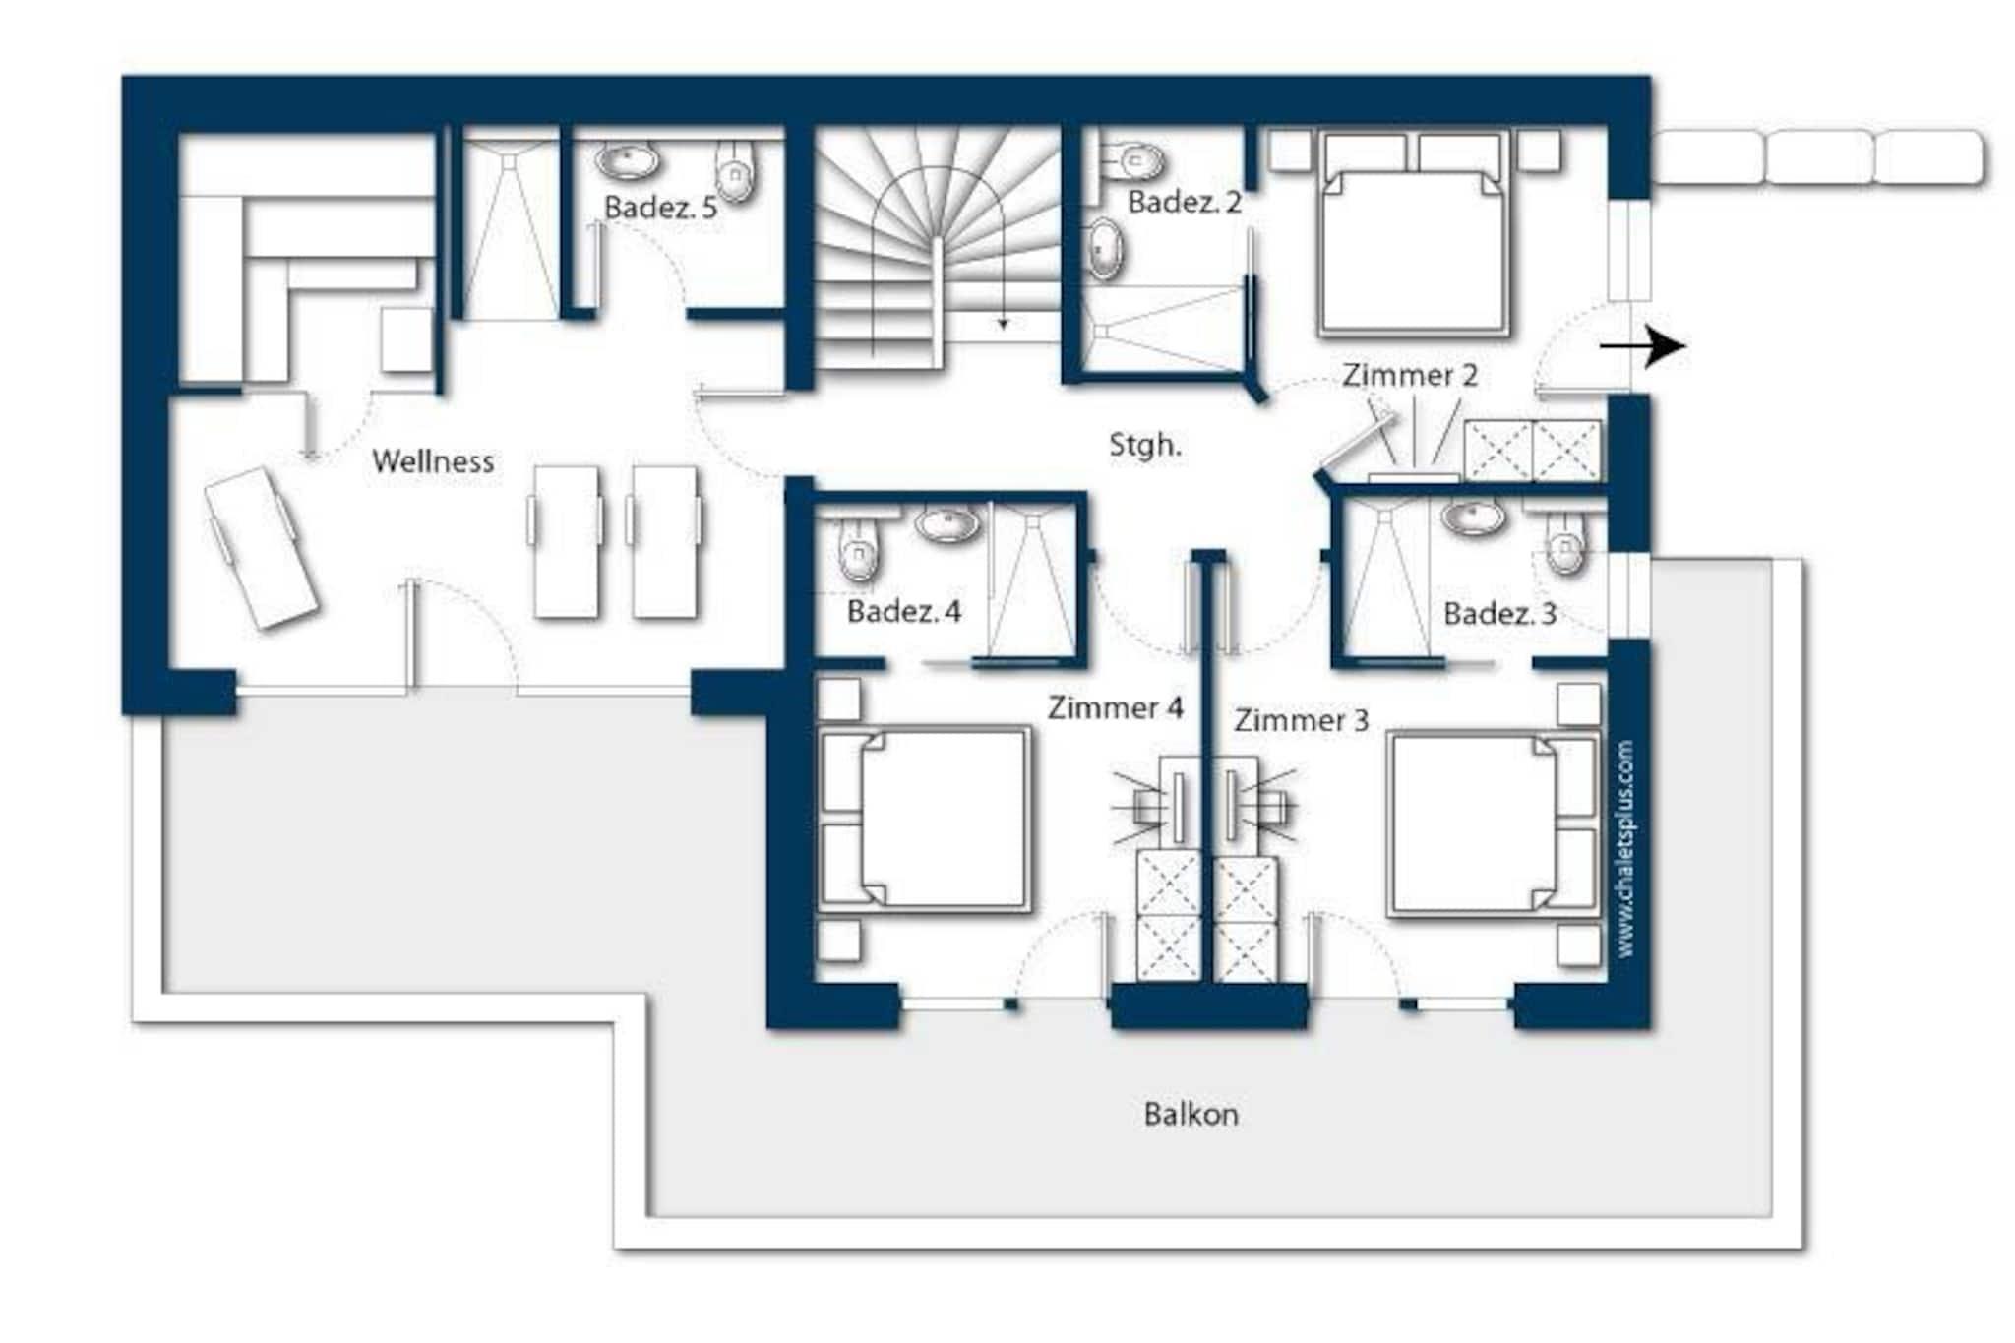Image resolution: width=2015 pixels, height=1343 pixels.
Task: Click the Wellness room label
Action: click(433, 461)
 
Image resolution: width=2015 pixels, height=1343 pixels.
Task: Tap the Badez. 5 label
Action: click(660, 208)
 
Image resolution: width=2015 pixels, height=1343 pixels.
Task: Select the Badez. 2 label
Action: click(1185, 203)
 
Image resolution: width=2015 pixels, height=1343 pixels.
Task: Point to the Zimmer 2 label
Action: click(1410, 375)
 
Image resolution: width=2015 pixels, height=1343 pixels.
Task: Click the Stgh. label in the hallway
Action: click(1145, 445)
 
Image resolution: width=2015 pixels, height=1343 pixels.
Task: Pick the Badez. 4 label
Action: click(904, 611)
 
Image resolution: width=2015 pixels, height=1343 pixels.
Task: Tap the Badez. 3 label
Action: click(1499, 614)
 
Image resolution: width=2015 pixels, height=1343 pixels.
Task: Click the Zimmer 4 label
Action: click(1115, 707)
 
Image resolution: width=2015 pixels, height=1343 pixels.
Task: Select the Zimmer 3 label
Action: click(1302, 720)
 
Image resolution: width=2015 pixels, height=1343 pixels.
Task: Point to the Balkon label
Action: click(1191, 1114)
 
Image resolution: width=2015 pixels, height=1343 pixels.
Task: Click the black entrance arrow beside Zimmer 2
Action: click(1642, 346)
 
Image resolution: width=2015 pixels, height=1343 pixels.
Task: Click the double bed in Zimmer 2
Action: click(1414, 234)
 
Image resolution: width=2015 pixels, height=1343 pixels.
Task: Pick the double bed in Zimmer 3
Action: click(1493, 824)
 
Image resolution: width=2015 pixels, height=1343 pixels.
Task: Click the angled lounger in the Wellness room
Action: click(262, 547)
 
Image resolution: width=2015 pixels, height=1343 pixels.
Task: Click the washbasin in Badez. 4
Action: click(947, 522)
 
